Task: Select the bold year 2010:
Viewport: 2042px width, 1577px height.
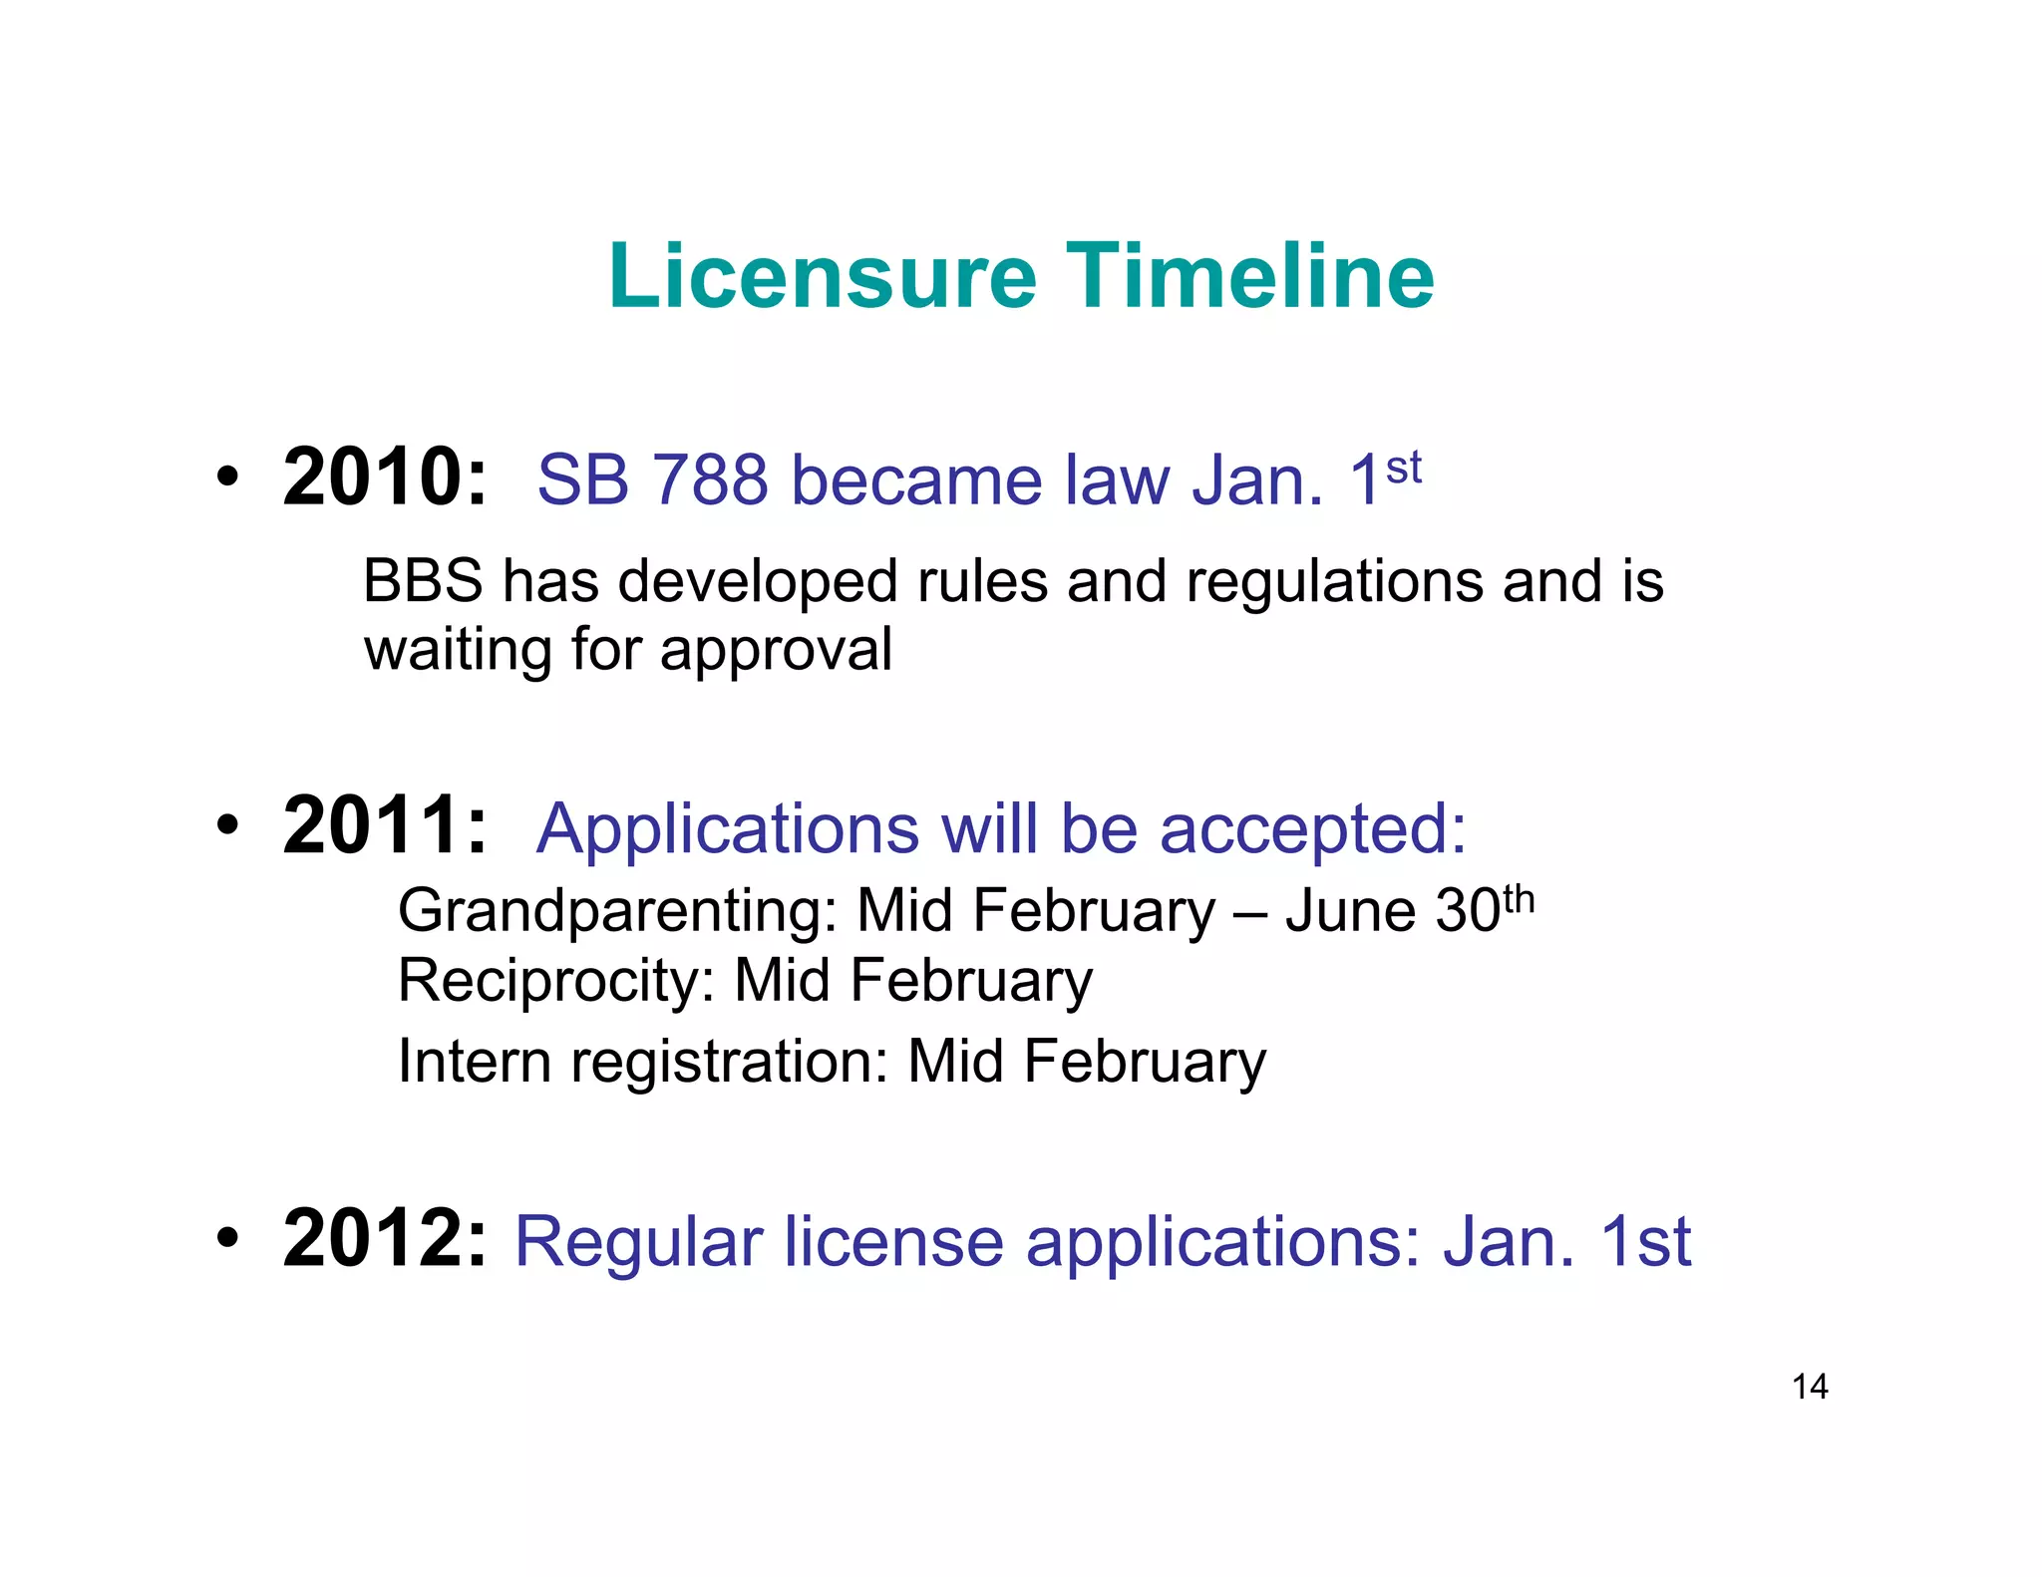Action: click(385, 477)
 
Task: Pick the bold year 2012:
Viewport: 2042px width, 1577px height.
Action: click(385, 1238)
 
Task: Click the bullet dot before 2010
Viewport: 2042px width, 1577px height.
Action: click(228, 477)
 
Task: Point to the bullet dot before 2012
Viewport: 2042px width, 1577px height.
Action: click(228, 1238)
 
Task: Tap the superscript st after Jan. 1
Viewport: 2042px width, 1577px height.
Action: click(1403, 467)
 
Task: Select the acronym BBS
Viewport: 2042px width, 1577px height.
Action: click(423, 581)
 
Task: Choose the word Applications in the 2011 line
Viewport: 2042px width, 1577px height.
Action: click(728, 828)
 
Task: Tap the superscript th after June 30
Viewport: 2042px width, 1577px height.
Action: click(1518, 899)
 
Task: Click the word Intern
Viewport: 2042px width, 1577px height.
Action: click(474, 1061)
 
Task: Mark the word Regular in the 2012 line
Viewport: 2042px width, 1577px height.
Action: click(637, 1242)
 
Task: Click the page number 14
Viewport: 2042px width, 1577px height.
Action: click(1810, 1387)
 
